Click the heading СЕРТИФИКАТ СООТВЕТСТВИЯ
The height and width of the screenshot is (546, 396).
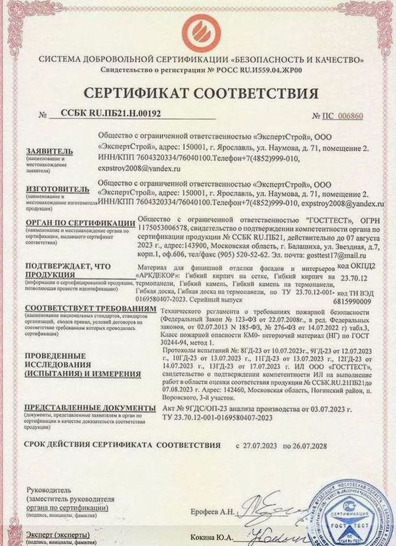click(201, 93)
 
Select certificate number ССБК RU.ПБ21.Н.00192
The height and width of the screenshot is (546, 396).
click(111, 113)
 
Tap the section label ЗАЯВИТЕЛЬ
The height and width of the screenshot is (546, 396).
click(49, 151)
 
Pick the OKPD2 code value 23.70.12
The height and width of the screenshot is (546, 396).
click(353, 278)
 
